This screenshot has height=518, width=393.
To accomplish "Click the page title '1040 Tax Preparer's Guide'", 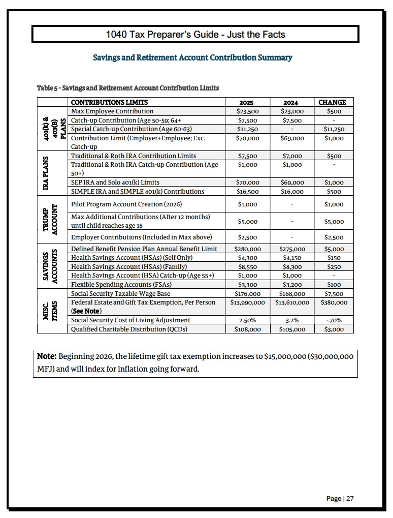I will (195, 35).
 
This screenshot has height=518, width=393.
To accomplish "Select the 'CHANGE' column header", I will (332, 102).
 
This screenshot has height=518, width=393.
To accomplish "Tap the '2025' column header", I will (247, 102).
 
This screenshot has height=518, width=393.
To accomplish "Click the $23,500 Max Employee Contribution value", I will (247, 111).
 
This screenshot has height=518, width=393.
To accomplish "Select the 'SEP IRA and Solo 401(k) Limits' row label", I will (115, 182).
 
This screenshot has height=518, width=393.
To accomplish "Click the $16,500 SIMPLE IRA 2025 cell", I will (248, 192).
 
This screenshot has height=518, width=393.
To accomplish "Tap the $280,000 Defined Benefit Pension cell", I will (247, 249).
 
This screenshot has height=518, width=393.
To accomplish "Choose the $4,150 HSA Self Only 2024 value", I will (292, 258).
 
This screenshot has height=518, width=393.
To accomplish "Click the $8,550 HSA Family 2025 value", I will (248, 266).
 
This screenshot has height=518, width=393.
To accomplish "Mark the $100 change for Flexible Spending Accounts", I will (334, 285).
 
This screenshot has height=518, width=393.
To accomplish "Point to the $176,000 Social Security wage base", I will (248, 294).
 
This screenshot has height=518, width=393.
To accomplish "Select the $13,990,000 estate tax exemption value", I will (247, 302).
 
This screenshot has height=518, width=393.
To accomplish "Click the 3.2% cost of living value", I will (292, 320).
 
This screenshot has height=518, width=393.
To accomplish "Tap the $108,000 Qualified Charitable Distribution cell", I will (247, 329).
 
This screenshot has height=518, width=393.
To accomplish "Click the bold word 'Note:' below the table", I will (47, 356).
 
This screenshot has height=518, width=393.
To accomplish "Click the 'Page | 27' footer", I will (340, 499).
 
